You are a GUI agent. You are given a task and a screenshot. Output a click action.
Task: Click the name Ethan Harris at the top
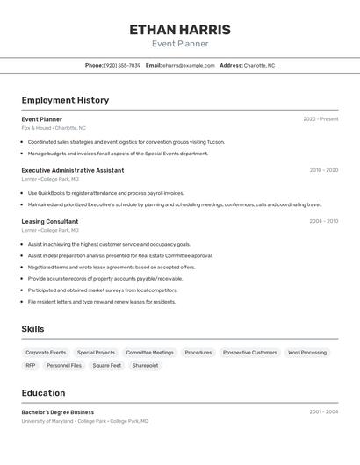click(180, 30)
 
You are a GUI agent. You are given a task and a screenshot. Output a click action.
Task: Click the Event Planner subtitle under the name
click(180, 44)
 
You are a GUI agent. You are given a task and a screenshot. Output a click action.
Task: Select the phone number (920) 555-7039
click(122, 65)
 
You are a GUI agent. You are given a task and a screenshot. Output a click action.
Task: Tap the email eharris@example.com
click(188, 65)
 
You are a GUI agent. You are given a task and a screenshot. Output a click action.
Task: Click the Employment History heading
click(65, 100)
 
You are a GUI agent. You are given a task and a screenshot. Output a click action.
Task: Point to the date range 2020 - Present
click(320, 119)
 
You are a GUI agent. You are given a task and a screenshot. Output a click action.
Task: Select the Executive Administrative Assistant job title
click(73, 170)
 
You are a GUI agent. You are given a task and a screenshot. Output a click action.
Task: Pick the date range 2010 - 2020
click(323, 170)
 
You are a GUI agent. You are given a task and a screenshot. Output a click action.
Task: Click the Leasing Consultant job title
click(50, 221)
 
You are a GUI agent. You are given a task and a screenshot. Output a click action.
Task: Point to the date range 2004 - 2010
click(323, 221)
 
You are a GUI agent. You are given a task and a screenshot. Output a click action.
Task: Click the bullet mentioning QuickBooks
click(105, 193)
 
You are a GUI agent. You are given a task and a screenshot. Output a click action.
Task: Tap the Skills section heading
click(33, 329)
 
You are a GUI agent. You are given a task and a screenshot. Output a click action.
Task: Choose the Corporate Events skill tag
click(46, 353)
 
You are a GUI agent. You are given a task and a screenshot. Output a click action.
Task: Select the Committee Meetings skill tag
click(149, 353)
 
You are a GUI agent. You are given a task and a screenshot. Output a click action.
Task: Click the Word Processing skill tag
click(307, 353)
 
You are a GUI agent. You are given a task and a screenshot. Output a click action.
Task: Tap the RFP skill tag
click(31, 365)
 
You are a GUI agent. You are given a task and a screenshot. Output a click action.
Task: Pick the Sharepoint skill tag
click(145, 365)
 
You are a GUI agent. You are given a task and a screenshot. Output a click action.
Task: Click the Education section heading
click(43, 393)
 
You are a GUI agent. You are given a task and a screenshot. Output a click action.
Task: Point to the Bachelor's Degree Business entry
click(58, 412)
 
